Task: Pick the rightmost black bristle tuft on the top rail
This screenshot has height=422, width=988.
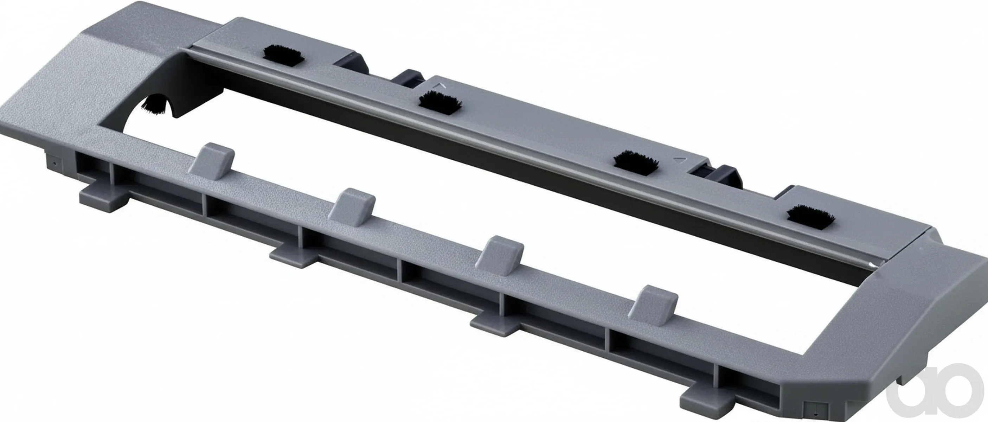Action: [x=810, y=219]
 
